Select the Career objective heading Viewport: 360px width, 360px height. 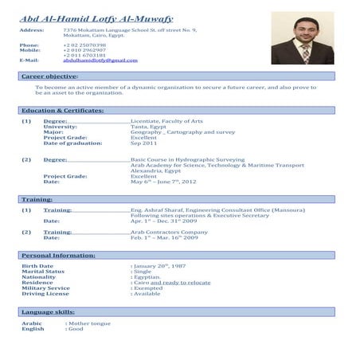[x=49, y=76]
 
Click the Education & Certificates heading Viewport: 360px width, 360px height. [x=63, y=109]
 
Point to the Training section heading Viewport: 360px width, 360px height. [x=37, y=198]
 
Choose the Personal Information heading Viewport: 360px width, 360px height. [x=58, y=254]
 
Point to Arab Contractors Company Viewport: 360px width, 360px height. [x=170, y=232]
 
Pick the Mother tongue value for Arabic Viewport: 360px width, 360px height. [x=88, y=323]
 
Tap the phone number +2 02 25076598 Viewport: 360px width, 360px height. [x=84, y=45]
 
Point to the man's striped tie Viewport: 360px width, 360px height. [x=305, y=53]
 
